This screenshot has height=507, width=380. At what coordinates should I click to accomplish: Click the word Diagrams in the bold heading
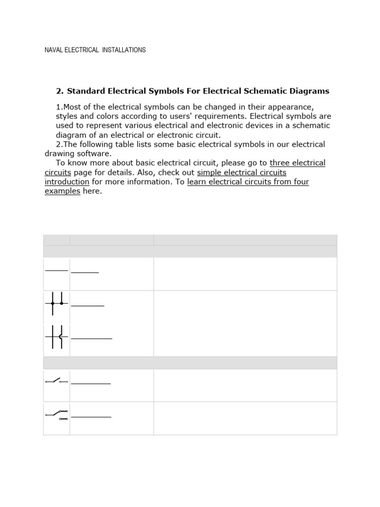tap(310, 91)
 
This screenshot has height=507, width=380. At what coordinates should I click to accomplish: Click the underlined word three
tap(280, 163)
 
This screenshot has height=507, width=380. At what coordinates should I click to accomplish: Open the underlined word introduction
tap(67, 182)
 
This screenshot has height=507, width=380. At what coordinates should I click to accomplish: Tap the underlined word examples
tap(62, 191)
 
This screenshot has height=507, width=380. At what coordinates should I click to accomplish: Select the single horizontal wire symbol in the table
tap(56, 271)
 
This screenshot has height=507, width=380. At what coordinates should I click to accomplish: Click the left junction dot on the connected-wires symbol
tap(52, 303)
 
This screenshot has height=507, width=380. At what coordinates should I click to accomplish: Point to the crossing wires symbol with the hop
tap(56, 337)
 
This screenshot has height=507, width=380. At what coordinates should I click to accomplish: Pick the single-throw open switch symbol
tap(56, 381)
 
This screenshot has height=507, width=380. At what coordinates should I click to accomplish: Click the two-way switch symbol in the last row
tap(56, 414)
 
